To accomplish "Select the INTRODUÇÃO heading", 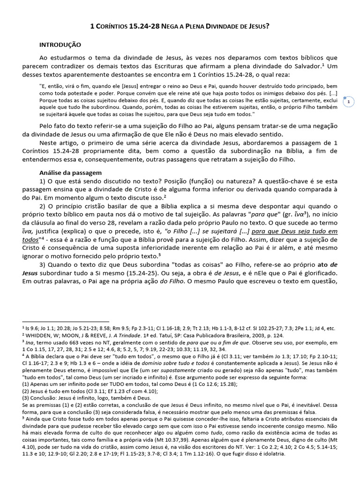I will coord(60,45).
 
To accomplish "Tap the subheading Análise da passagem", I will coord(67,172).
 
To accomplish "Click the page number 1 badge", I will coord(349,101).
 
